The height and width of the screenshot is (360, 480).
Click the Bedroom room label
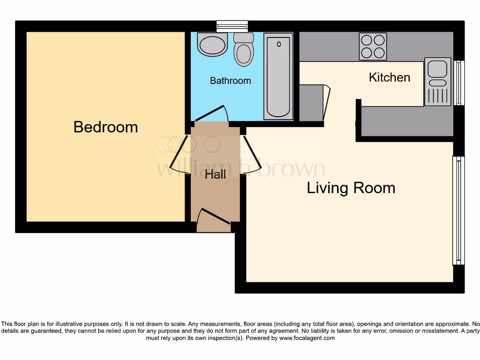105,127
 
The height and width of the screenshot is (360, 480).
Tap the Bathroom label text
230,81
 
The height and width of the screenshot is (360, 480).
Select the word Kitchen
390,77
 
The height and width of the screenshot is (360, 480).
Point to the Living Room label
351,188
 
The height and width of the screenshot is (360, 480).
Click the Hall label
216,175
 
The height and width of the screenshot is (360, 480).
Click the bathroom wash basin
212,45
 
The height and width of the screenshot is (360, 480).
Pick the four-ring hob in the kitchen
373,46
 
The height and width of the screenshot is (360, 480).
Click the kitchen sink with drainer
437,82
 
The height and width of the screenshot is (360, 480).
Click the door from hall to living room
251,155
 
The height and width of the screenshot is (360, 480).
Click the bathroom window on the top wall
232,26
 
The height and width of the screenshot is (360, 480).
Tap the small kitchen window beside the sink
459,82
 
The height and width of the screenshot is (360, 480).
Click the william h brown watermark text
240,168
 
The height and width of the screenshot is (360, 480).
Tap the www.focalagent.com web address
307,338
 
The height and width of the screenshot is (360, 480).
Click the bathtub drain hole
279,45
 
